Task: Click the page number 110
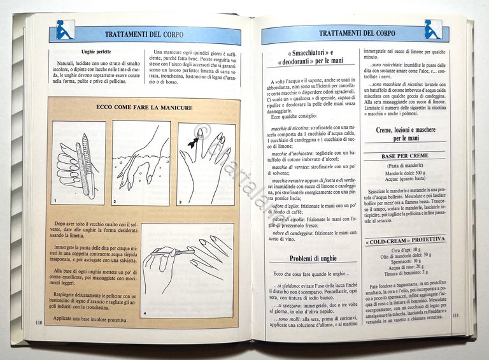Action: point(38,323)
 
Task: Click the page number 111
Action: point(456,315)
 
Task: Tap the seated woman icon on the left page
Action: point(65,29)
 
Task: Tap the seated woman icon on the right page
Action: point(433,29)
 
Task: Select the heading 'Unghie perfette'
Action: point(99,52)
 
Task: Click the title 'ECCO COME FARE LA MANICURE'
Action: point(144,108)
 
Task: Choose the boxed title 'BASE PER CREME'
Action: point(405,156)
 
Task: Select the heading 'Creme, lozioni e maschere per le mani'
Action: point(405,134)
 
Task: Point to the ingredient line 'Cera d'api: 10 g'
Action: point(405,250)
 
